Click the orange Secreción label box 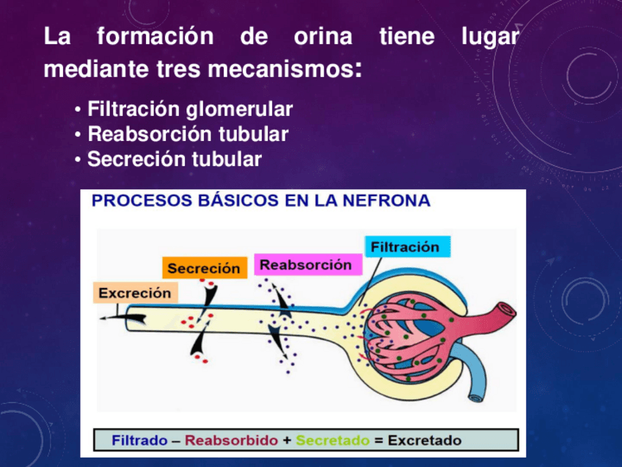click(203, 269)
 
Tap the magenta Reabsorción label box click(307, 265)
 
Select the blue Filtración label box click(405, 247)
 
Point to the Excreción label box click(135, 293)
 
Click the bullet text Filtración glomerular click(190, 110)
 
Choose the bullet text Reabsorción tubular click(188, 135)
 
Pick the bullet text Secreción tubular click(175, 159)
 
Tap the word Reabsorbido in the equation click(231, 441)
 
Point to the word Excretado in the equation click(425, 441)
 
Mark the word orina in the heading click(323, 37)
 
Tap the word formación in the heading click(155, 37)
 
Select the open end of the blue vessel click(475, 398)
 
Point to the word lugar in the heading click(490, 37)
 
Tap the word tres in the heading click(180, 70)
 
